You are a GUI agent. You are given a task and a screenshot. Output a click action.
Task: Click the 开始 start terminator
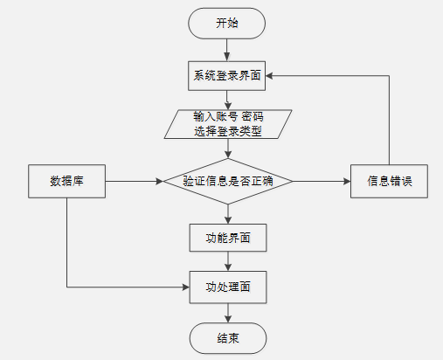coord(226,24)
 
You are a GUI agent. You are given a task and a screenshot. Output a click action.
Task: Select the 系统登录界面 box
coord(226,76)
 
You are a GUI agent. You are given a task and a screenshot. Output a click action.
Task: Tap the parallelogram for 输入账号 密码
coord(228,124)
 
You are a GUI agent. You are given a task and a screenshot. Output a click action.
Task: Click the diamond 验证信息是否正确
coord(228,181)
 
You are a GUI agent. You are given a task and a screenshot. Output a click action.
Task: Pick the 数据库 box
coord(66,181)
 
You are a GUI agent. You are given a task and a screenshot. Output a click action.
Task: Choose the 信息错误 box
coord(389,181)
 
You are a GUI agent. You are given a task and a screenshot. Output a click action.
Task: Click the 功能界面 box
coord(228,238)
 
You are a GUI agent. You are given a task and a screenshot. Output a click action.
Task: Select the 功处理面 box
coord(228,287)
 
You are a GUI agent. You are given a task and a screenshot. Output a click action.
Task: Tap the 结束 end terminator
coord(228,338)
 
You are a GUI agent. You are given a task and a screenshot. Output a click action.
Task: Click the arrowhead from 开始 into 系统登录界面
coord(226,57)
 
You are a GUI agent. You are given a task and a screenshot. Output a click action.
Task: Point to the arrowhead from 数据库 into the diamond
coord(160,181)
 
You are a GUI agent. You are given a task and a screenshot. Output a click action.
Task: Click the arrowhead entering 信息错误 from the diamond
coord(347,181)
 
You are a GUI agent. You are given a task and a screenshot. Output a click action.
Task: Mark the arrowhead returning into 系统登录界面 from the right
coord(269,76)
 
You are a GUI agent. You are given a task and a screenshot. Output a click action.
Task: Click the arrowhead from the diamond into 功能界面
coord(228,220)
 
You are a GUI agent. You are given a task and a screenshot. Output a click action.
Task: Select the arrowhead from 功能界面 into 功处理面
coord(228,267)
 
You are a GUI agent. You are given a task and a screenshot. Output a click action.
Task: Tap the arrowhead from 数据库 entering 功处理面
coord(186,287)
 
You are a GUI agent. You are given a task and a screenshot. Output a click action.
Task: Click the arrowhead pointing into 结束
coord(228,319)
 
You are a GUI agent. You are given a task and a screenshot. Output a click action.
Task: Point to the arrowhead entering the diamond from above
coord(228,155)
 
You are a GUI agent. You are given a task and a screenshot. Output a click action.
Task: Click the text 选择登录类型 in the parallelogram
coord(228,131)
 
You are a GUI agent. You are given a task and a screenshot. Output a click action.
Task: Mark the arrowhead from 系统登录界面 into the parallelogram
coord(228,106)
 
